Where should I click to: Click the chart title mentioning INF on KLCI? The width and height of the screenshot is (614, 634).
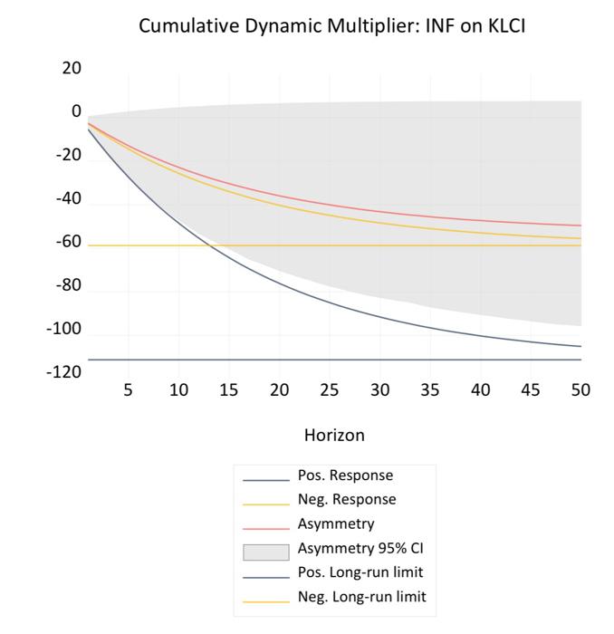[x=332, y=27]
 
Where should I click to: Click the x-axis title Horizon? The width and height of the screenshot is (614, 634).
[x=334, y=435]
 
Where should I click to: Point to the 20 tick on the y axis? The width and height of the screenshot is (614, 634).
[x=71, y=69]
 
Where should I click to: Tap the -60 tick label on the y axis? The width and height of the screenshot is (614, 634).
[x=68, y=243]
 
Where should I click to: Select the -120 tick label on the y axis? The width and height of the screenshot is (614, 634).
[x=63, y=372]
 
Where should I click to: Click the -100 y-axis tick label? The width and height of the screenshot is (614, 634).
[x=63, y=329]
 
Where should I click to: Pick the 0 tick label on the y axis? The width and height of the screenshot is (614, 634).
[x=76, y=112]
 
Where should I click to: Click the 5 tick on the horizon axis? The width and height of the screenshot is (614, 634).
[x=128, y=390]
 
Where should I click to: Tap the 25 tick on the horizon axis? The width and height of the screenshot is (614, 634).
[x=330, y=390]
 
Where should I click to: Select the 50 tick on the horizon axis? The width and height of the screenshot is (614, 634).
[x=580, y=390]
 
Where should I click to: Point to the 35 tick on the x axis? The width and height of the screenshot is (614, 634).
[x=430, y=390]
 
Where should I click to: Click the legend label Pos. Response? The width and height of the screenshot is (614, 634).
[x=345, y=475]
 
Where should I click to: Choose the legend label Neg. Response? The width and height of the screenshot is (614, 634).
[x=346, y=500]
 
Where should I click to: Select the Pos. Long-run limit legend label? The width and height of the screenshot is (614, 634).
[x=360, y=573]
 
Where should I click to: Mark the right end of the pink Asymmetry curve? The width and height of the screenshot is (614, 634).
[x=580, y=226]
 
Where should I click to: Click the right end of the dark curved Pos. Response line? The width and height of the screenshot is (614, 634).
[x=580, y=346]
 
